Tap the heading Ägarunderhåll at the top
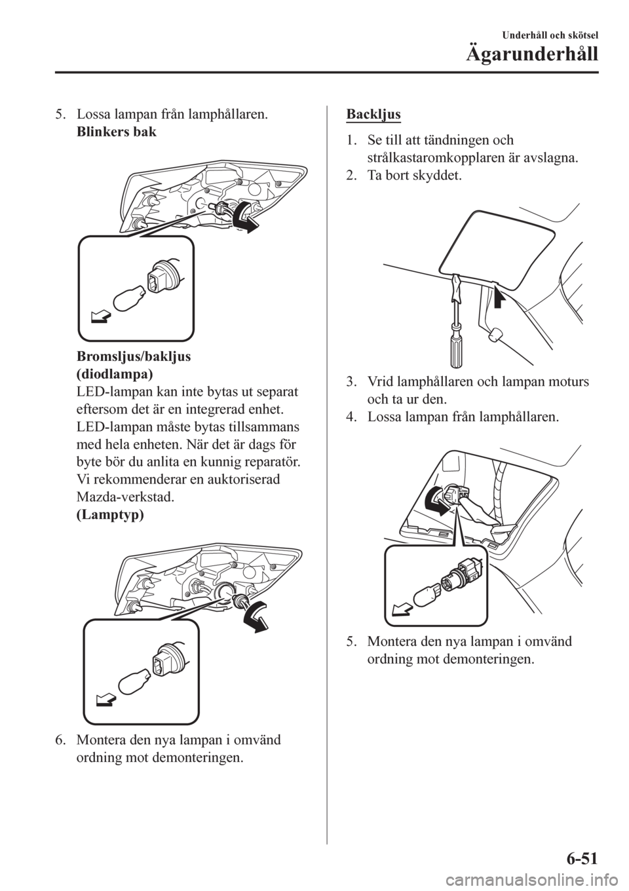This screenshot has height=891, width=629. click(532, 54)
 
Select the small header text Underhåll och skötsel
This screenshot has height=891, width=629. click(550, 36)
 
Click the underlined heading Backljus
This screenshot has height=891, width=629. click(373, 114)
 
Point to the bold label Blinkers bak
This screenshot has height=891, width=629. click(117, 132)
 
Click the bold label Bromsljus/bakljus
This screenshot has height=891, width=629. click(134, 357)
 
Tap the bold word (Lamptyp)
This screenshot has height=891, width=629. click(110, 515)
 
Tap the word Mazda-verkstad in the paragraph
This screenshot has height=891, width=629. click(125, 497)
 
